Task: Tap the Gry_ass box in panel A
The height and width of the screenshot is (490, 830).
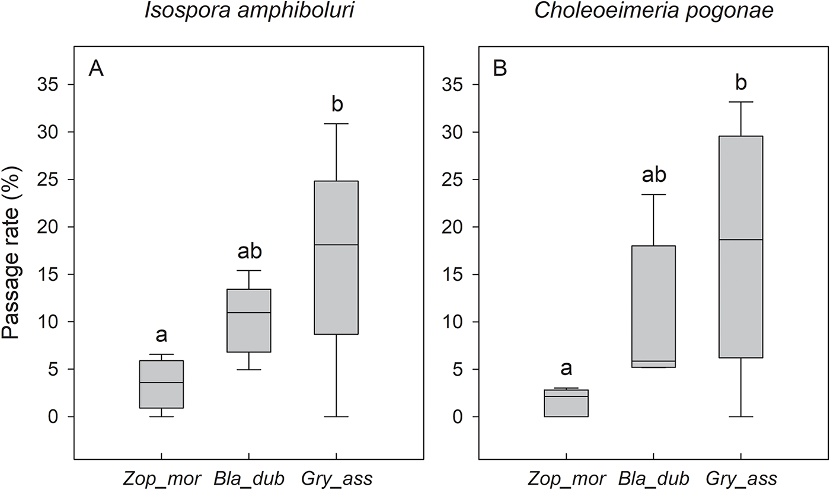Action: [336, 258]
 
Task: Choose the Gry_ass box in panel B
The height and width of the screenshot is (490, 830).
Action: [740, 247]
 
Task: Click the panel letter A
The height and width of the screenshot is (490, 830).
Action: [97, 69]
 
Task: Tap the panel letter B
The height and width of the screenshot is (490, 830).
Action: [500, 69]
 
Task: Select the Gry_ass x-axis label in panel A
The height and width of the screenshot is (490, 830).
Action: [337, 478]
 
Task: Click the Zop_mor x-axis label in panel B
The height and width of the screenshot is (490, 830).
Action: [565, 478]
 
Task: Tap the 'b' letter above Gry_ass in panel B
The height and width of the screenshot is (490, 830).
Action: [740, 82]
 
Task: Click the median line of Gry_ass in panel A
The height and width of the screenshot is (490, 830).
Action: [336, 245]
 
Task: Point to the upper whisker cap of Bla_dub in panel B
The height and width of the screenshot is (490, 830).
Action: [653, 194]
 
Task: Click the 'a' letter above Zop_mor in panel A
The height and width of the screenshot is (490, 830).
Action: [161, 336]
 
